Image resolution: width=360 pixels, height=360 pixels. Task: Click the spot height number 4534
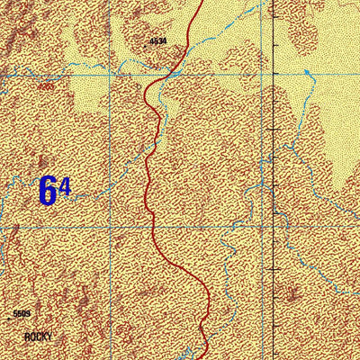[158, 41]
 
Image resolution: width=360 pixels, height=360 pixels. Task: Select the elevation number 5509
[22, 314]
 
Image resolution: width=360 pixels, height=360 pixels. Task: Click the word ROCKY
[39, 337]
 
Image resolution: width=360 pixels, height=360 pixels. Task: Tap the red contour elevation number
[45, 87]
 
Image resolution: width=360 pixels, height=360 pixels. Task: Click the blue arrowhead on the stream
[307, 70]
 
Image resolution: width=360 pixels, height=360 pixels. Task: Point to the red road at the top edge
[199, 2]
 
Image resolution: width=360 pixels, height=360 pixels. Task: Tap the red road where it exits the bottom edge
[206, 358]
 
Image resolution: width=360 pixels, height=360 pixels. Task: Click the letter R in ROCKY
[28, 337]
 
